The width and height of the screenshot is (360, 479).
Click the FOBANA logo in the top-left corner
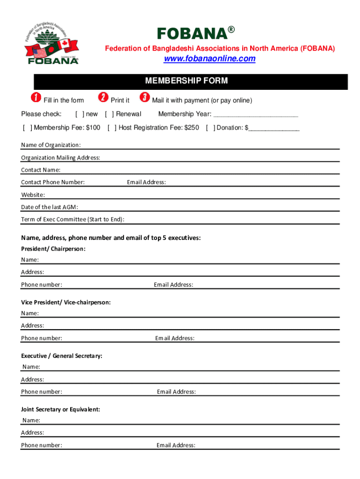52,42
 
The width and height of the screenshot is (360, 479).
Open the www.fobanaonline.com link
209,58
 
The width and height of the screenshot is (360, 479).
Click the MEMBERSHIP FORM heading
187,81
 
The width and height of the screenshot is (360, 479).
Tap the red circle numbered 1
35,98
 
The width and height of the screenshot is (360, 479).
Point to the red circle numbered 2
103,98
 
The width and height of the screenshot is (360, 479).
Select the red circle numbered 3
145,98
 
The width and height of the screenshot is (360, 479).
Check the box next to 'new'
80,114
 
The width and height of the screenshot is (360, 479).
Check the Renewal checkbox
109,114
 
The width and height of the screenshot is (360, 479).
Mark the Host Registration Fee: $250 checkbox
112,128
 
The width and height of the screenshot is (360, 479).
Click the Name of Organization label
50,145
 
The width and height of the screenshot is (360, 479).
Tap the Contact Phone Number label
53,182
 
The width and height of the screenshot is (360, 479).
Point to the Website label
33,195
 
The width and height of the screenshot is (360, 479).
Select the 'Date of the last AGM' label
50,207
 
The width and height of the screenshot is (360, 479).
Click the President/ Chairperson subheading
53,249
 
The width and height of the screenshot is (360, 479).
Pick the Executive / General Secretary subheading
62,356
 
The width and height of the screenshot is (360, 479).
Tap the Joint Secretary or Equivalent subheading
60,409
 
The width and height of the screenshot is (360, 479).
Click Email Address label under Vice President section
175,338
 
